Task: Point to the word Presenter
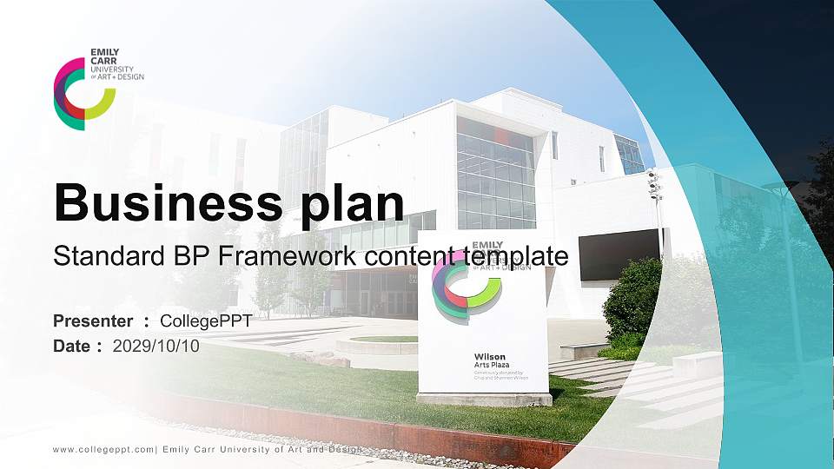[93, 321]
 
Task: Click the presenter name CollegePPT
[206, 321]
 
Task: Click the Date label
[73, 346]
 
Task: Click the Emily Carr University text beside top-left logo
[116, 65]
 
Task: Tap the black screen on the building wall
[616, 255]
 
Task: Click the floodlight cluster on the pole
[653, 183]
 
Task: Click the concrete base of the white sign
[483, 399]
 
